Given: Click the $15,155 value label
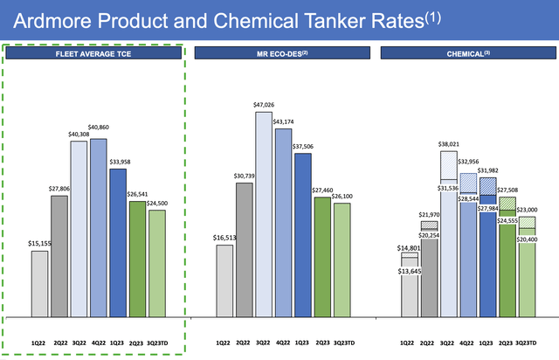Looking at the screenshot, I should pyautogui.click(x=40, y=245).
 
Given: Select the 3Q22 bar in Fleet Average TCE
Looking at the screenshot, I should pyautogui.click(x=79, y=227).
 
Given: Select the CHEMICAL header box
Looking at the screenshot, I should pyautogui.click(x=466, y=53).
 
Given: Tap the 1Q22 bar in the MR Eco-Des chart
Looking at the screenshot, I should pyautogui.click(x=224, y=279).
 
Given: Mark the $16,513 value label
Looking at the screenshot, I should pyautogui.click(x=225, y=238).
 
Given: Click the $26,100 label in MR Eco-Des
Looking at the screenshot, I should pyautogui.click(x=342, y=197).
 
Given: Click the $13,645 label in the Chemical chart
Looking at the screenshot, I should pyautogui.click(x=409, y=271).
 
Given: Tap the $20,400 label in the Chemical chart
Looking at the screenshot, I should pyautogui.click(x=526, y=239).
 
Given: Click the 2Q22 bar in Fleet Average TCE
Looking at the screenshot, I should pyautogui.click(x=60, y=254).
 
